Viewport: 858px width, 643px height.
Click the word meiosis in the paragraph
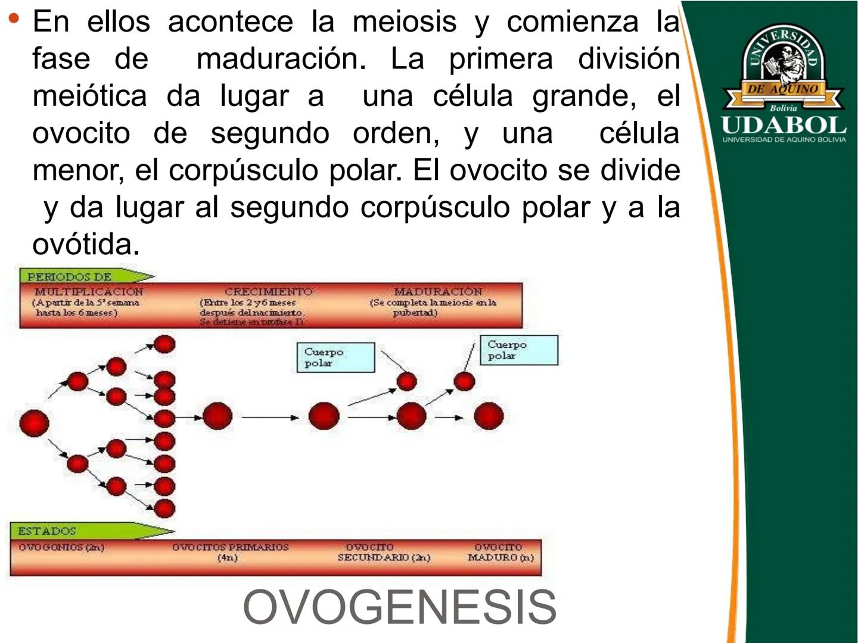coord(404,22)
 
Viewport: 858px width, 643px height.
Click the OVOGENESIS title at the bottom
coord(399,607)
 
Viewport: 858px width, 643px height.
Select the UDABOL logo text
coord(784,126)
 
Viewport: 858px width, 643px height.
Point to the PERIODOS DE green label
coord(69,277)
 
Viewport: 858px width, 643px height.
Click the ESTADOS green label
coord(46,530)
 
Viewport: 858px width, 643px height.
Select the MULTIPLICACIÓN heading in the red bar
coord(88,292)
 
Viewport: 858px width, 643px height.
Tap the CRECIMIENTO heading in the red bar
coord(268,292)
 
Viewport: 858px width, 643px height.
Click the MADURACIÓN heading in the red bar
coord(438,292)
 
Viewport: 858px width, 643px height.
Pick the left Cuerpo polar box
coord(335,357)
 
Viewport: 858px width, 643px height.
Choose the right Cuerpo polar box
coord(519,350)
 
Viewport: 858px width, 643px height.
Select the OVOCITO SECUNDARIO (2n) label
coord(383,552)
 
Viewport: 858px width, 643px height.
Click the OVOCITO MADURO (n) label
coord(500,552)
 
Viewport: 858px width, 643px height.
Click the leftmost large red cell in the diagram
coord(34,423)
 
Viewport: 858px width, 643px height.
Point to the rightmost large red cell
coord(489,416)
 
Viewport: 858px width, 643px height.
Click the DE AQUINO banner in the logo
coord(782,89)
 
